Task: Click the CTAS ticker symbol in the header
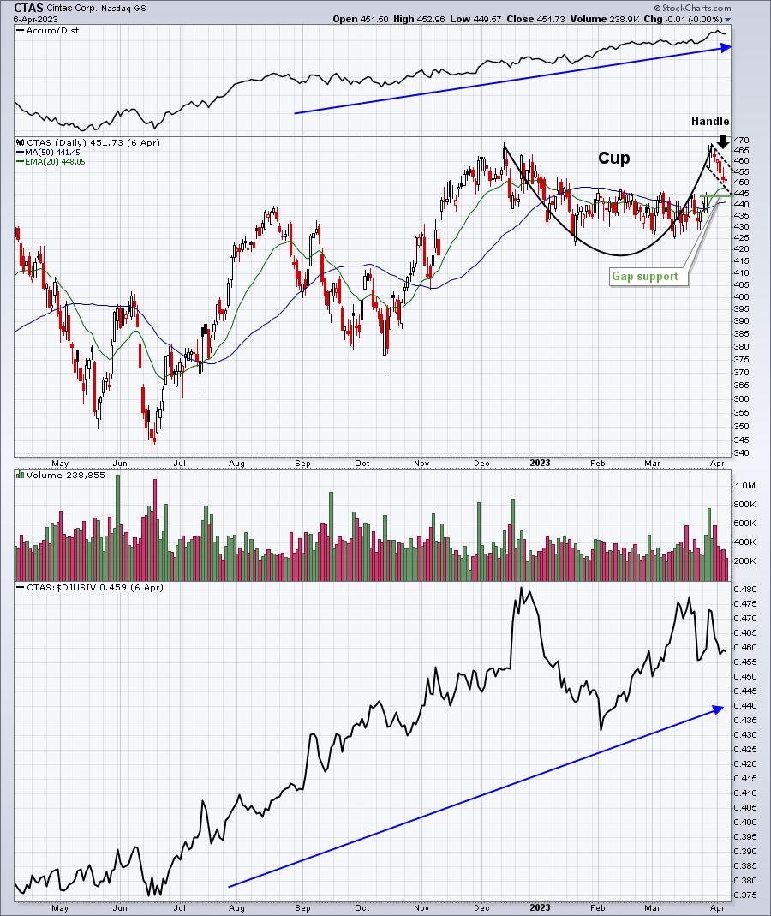pos(28,7)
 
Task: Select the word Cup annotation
pos(613,159)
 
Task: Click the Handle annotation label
pos(710,122)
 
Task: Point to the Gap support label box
pos(645,277)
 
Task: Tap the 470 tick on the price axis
pos(742,140)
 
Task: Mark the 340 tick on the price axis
pos(742,453)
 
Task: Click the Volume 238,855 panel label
pos(58,475)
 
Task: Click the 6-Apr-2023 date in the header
pos(28,19)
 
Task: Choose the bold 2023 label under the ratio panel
pos(540,907)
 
